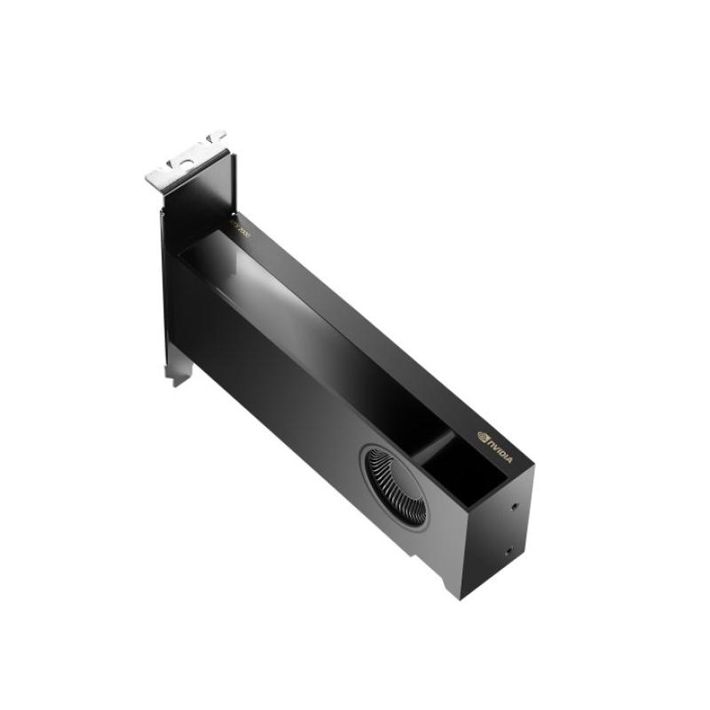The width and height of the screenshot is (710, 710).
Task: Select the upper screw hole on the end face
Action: (x=516, y=509)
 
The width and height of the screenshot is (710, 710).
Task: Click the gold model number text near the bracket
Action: (x=241, y=228)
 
